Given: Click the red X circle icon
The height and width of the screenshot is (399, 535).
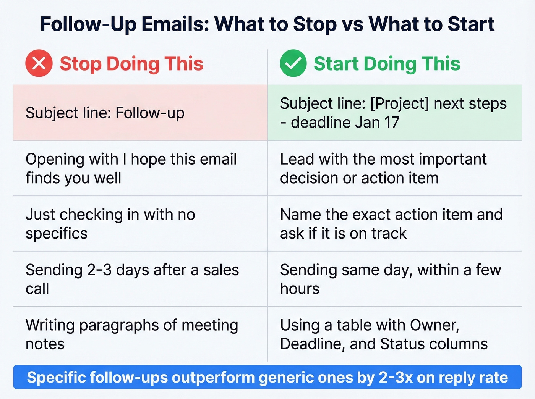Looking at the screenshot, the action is click(39, 63).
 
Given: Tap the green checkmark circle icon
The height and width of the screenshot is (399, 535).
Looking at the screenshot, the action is click(293, 63).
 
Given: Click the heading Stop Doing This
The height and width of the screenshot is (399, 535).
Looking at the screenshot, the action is click(131, 64).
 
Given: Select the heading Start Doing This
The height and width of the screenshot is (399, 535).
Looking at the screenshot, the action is click(387, 64).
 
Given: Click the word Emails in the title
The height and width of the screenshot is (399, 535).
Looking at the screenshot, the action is click(175, 24).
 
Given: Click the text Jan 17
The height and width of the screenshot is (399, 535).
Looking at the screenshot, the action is click(377, 122).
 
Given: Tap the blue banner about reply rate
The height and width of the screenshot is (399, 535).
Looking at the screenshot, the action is click(267, 377).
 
